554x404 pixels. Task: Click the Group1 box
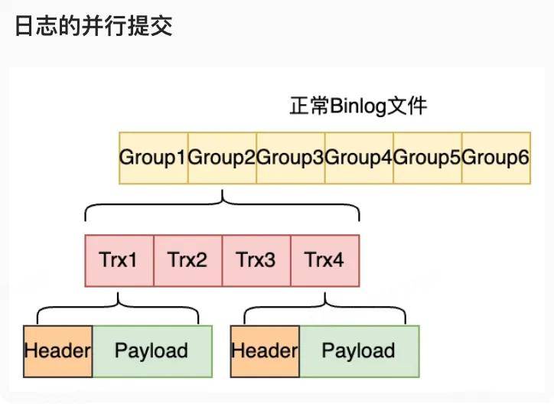click(x=153, y=158)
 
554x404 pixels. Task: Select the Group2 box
click(x=222, y=158)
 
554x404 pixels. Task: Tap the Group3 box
click(x=290, y=158)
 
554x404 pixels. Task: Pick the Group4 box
click(x=359, y=158)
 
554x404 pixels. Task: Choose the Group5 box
click(x=428, y=158)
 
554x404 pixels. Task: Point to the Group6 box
click(x=496, y=158)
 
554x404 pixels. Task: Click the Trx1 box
click(x=119, y=260)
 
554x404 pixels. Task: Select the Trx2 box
click(x=187, y=260)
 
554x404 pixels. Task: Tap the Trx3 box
click(x=256, y=260)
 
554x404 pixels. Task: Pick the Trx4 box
click(x=324, y=260)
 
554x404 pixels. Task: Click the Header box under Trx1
click(x=58, y=351)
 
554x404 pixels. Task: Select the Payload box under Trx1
click(x=152, y=351)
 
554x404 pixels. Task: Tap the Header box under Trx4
click(x=265, y=351)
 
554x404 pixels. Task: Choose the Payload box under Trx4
click(x=359, y=351)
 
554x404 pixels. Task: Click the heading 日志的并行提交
click(x=94, y=27)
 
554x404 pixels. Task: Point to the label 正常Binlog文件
click(x=358, y=106)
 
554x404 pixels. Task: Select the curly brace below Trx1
click(x=119, y=306)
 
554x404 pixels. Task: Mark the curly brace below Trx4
click(x=324, y=306)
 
